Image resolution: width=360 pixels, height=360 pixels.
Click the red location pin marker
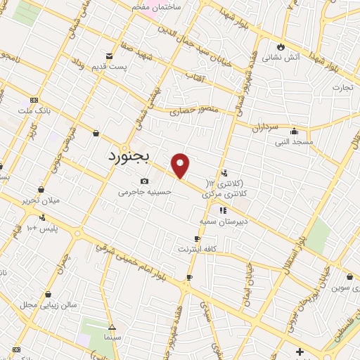[x=181, y=165]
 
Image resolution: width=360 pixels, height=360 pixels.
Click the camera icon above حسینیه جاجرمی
[x=145, y=181]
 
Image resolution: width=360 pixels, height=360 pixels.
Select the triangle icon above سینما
[x=111, y=327]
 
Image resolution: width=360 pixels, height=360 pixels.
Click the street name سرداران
[x=266, y=127]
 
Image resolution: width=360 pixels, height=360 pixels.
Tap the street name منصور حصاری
[x=194, y=109]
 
